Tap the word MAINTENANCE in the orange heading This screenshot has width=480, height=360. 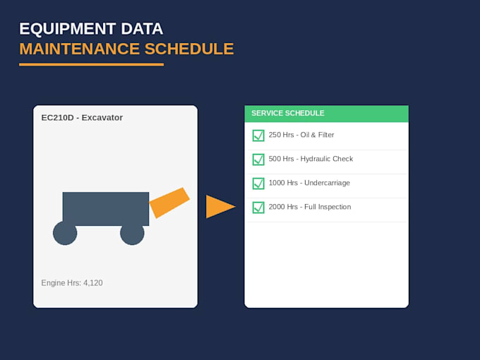tap(80, 49)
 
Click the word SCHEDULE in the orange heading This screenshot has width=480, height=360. tap(189, 49)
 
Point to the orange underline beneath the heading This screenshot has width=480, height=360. tap(91, 65)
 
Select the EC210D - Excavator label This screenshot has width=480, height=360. tap(82, 118)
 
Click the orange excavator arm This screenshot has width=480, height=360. tap(169, 203)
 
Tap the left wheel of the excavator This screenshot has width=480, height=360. tap(65, 233)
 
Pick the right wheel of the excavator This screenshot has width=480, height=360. tap(132, 233)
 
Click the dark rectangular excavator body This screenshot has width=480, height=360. tap(106, 209)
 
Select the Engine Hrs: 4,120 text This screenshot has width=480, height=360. tap(72, 283)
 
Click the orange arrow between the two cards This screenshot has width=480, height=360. tap(220, 207)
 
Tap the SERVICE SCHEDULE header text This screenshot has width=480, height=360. tap(288, 113)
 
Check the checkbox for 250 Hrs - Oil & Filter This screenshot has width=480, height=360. tap(258, 136)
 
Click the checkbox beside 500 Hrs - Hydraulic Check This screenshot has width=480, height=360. tap(258, 160)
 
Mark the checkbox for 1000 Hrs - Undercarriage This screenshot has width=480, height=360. tap(258, 184)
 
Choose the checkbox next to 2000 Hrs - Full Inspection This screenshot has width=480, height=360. tap(258, 208)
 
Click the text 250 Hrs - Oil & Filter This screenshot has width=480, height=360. tap(301, 135)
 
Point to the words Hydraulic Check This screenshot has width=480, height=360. tap(327, 159)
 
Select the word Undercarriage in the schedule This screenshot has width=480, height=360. tap(327, 183)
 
